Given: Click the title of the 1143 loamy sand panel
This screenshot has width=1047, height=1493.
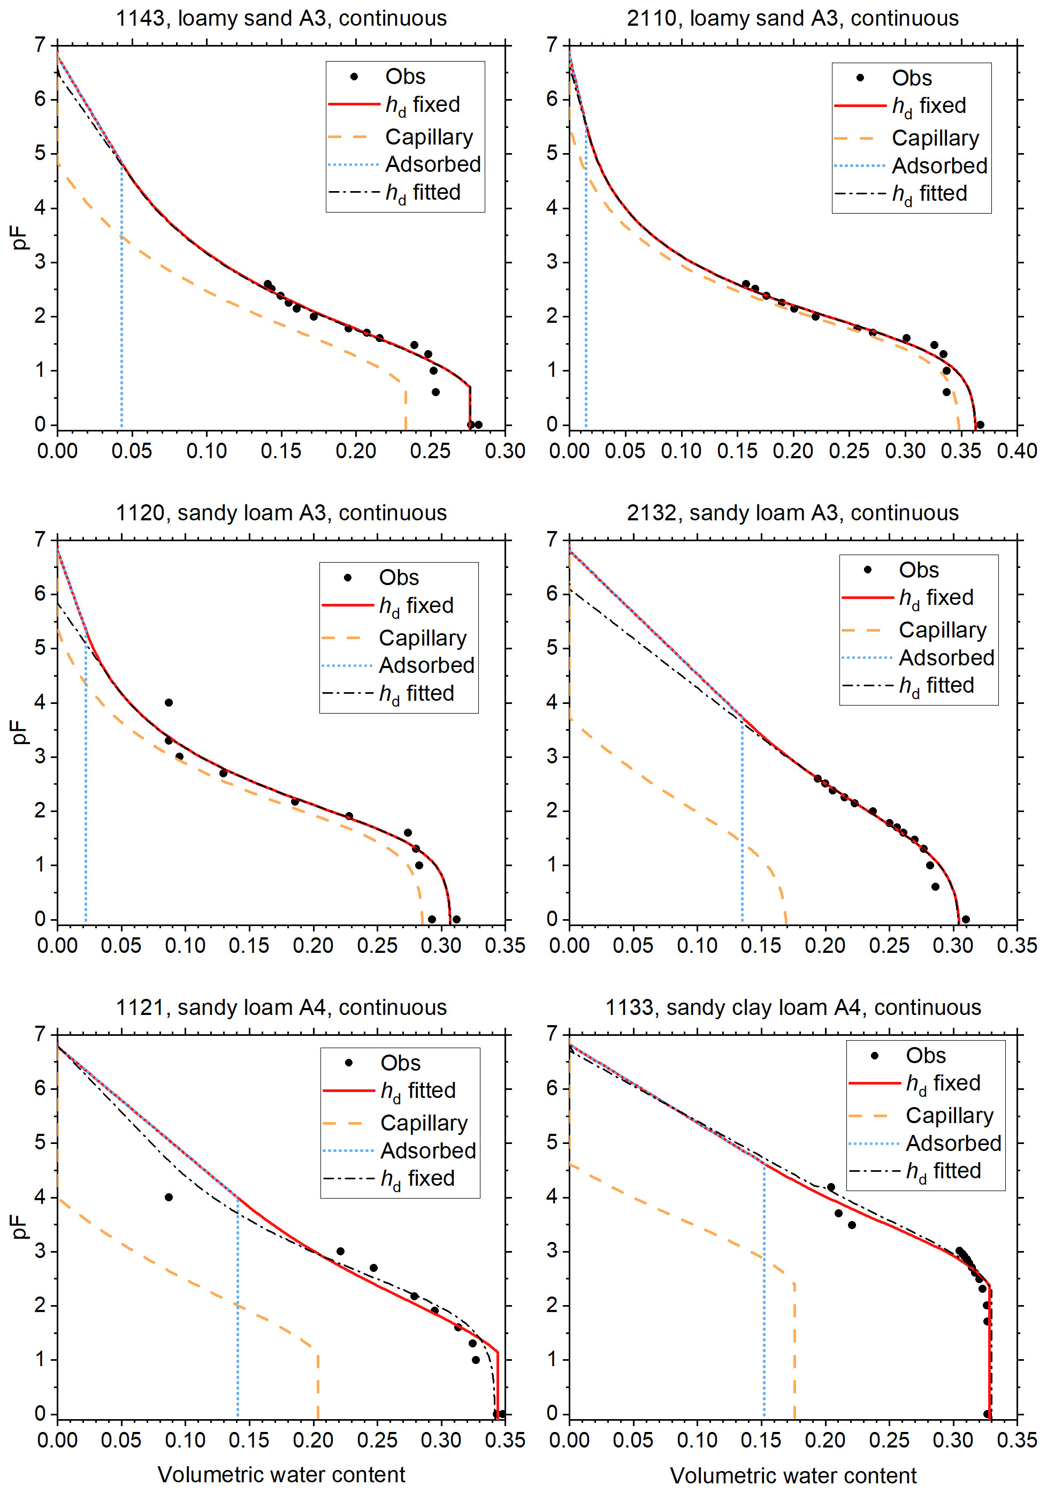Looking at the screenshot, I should pos(281,18).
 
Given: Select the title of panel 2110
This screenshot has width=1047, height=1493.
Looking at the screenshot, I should pos(792,18).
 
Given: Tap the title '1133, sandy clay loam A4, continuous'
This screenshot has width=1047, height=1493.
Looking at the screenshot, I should pos(793,1007).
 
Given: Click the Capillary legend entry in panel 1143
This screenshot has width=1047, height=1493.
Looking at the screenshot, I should pos(429,137).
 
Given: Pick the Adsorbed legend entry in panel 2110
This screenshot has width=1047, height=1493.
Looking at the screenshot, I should pos(939,166).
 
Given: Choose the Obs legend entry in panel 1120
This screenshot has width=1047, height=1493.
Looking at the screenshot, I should pos(399,578).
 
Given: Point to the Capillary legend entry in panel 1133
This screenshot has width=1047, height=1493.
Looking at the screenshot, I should pos(949,1115).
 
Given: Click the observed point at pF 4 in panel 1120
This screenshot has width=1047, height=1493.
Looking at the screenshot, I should pos(169,702).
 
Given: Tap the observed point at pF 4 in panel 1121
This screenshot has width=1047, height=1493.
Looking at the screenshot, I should pos(169,1197).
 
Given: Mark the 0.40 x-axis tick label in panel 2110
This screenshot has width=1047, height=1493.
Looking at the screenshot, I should pos(1017,451).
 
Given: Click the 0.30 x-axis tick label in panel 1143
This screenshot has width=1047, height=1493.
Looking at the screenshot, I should pos(505,451).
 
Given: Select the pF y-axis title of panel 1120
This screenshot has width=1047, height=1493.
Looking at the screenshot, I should pos(19,732).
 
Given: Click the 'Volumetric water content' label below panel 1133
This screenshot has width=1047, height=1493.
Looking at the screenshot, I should pos(793,1475).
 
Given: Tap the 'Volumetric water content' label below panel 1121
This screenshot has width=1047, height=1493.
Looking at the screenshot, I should pos(281,1474).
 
